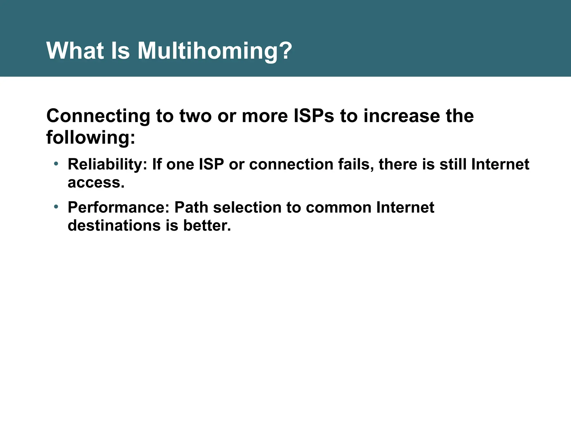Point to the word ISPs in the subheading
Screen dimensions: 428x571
pos(313,116)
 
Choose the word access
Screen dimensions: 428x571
pos(96,183)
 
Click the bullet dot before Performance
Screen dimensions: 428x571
pos(56,206)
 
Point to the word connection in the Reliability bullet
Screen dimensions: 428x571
pos(291,164)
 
